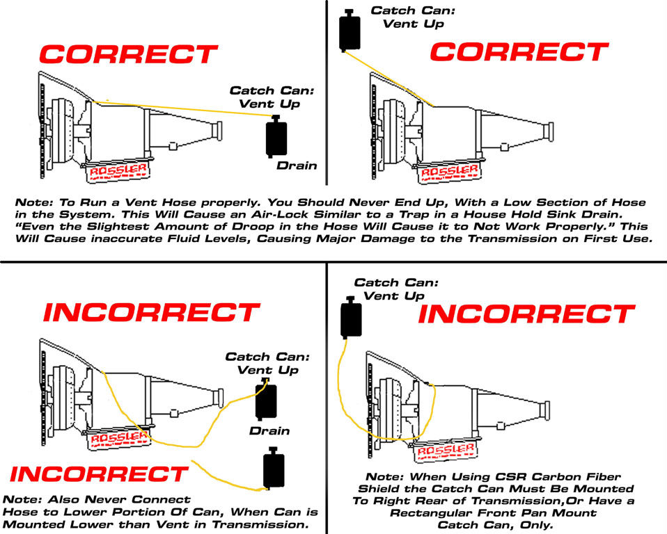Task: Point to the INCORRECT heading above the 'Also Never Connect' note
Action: pyautogui.click(x=99, y=474)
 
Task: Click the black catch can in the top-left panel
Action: pyautogui.click(x=276, y=137)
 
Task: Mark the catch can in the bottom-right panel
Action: pyautogui.click(x=350, y=318)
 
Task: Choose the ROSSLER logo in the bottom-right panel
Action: pyautogui.click(x=441, y=453)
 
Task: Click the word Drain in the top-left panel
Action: pyautogui.click(x=297, y=165)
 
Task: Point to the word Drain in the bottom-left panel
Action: pyautogui.click(x=269, y=431)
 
